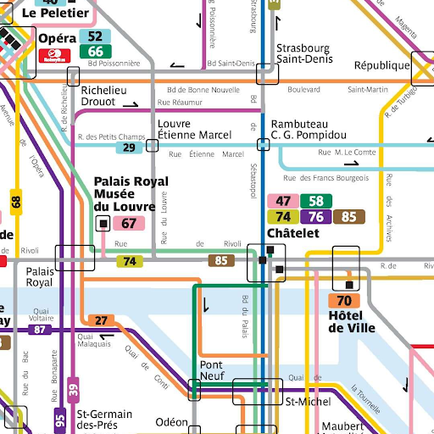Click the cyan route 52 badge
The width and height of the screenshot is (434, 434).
point(95,36)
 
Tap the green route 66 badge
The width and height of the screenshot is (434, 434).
point(95,52)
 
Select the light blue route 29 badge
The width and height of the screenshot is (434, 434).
point(129,147)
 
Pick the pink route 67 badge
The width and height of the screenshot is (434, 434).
point(129,224)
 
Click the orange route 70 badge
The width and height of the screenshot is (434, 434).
point(343,301)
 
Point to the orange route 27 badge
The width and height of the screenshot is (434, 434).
point(102,320)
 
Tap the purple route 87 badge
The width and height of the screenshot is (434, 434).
point(39,329)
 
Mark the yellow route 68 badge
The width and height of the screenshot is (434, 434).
point(15,202)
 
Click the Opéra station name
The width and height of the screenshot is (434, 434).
point(57,38)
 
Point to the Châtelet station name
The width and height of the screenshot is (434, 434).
point(292,232)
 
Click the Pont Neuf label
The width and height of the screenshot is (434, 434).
point(212,370)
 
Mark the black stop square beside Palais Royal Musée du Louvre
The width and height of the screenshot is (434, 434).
point(103,224)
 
